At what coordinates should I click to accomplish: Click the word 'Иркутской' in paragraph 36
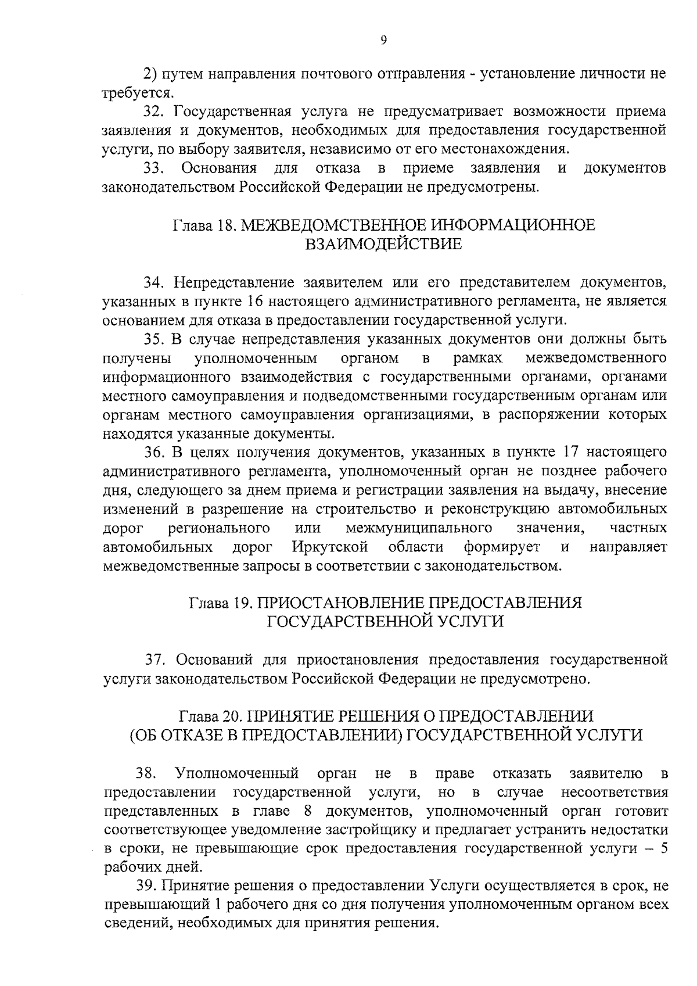[x=330, y=547]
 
